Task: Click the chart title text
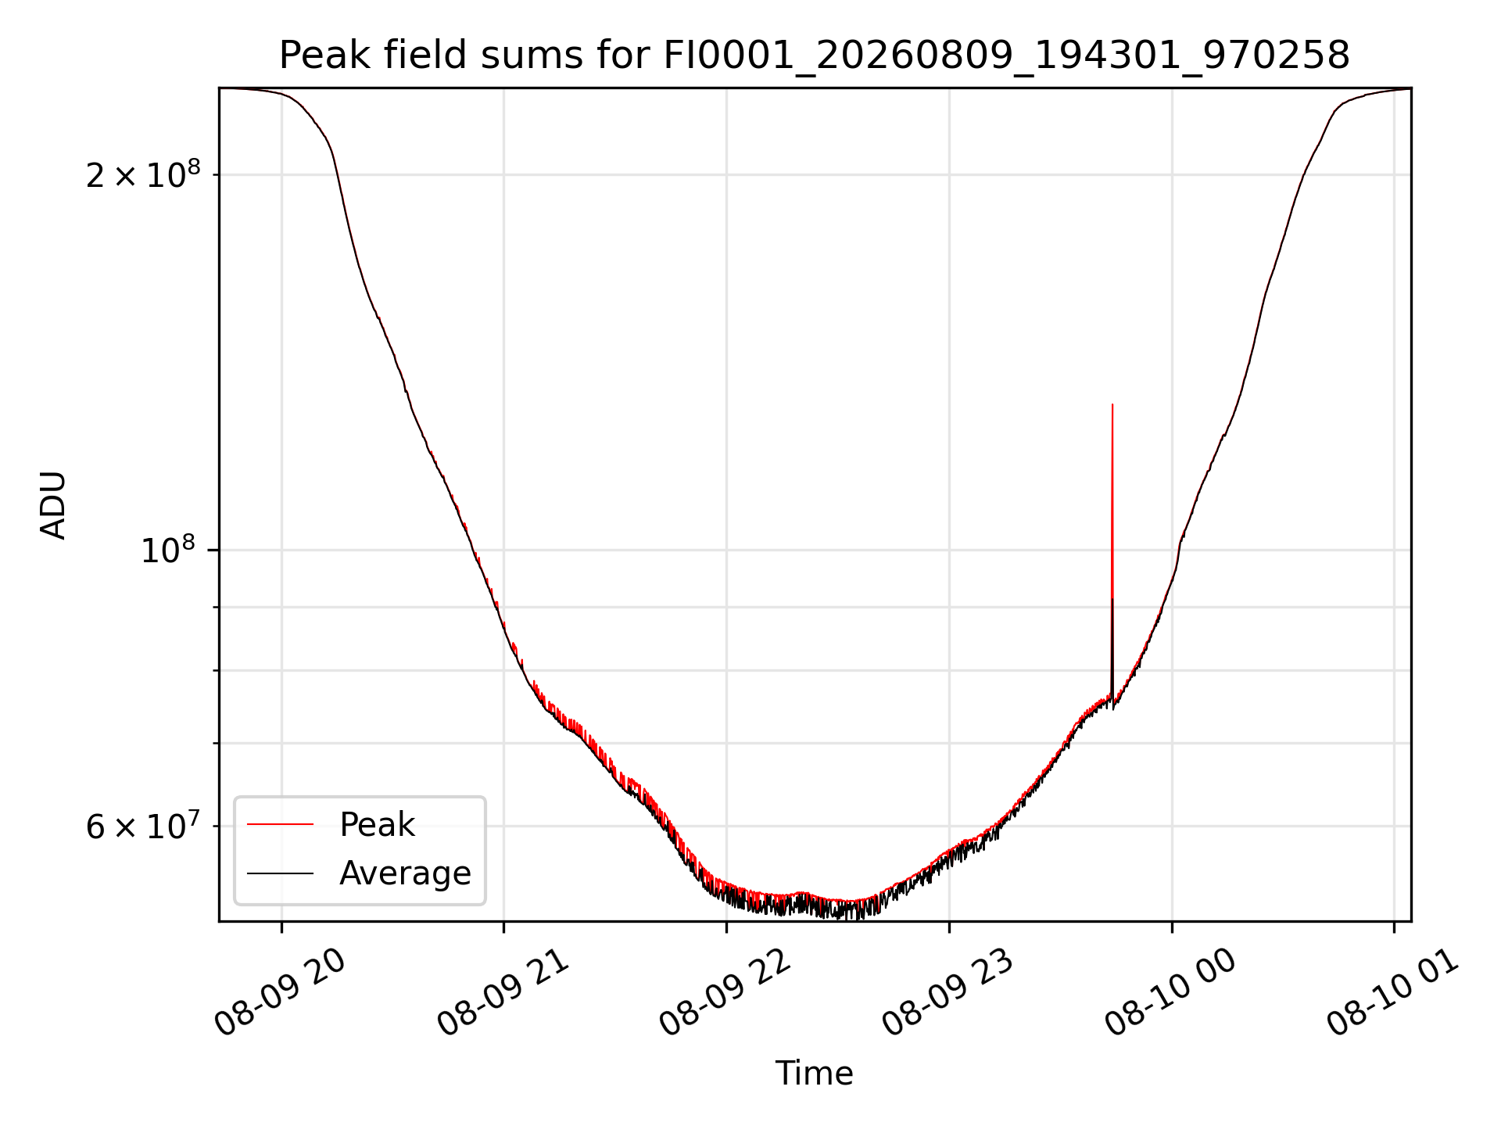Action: pyautogui.click(x=815, y=56)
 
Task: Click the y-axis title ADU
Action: pyautogui.click(x=53, y=505)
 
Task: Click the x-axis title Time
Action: pyautogui.click(x=814, y=1073)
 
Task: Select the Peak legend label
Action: pyautogui.click(x=377, y=825)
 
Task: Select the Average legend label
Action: pyautogui.click(x=405, y=873)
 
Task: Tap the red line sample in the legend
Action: pyautogui.click(x=280, y=824)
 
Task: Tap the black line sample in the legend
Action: pyautogui.click(x=280, y=873)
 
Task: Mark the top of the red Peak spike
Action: pyautogui.click(x=1112, y=404)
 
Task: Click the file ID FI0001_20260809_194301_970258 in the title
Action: pyautogui.click(x=1007, y=56)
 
